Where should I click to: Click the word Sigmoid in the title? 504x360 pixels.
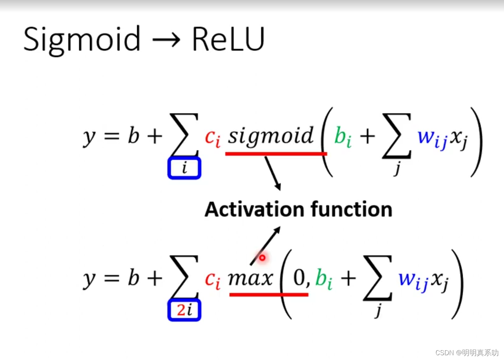coord(82,39)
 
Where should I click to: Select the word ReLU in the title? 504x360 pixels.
coord(228,39)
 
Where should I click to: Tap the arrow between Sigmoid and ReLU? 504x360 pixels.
coord(166,39)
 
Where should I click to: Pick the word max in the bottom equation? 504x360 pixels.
coord(250,278)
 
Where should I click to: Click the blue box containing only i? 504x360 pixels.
coord(184,168)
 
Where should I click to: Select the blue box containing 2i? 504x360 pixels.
coord(184,310)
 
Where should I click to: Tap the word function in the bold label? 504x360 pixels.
coord(351,210)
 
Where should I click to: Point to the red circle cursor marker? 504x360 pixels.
coord(262,258)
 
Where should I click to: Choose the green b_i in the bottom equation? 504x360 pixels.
coord(324,279)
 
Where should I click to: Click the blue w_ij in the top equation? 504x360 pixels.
coord(432,138)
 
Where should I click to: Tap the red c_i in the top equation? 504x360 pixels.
coord(212,138)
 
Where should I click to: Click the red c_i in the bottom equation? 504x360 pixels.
coord(212,280)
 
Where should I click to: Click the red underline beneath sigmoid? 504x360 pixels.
coord(276,153)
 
